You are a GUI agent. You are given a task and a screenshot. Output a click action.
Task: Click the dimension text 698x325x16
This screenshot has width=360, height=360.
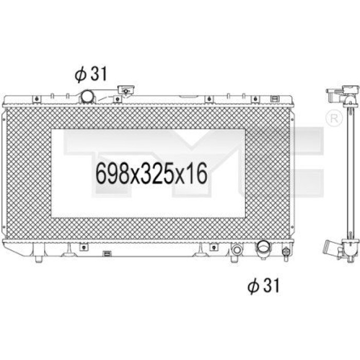[152, 174]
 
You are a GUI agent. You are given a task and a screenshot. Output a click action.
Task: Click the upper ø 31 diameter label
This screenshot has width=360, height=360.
[91, 74]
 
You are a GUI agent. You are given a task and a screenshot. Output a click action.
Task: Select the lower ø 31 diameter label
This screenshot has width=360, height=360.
[263, 285]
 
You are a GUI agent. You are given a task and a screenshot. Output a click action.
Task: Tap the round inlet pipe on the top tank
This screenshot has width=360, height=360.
[87, 96]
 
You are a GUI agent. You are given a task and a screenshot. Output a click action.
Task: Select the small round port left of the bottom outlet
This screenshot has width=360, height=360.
[237, 249]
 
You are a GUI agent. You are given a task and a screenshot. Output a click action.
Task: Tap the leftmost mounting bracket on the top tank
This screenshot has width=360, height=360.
[37, 99]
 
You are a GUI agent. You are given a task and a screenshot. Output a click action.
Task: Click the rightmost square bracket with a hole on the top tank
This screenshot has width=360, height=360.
[255, 99]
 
